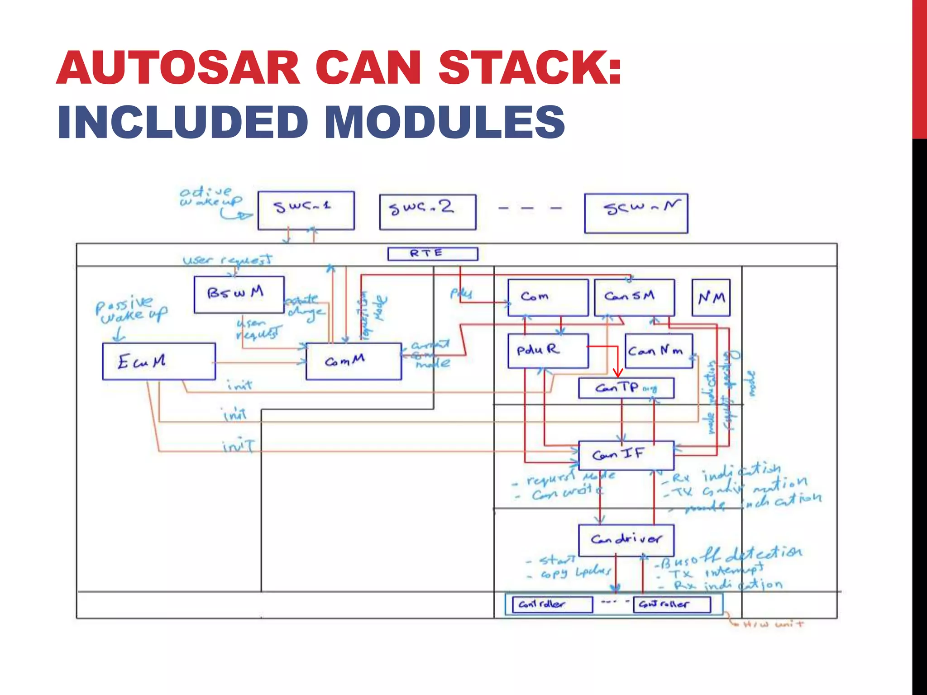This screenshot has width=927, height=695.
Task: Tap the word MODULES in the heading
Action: coord(444,122)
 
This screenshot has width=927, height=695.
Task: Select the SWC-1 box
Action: coord(306,210)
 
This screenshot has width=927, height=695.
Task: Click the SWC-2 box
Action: coord(428,212)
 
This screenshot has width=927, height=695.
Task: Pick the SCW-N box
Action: coord(636,213)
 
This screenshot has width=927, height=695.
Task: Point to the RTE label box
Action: coord(432,253)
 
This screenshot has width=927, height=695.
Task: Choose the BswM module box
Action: coord(239,295)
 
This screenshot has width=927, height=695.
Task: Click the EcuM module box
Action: coord(159,361)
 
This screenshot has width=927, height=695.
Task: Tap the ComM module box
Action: coord(354,361)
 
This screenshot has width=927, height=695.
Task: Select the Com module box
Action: coord(548,297)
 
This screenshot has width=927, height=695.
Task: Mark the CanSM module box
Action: coord(634,297)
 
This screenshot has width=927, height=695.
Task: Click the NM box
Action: coord(711,298)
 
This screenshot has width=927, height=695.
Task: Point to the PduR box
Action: coord(548,351)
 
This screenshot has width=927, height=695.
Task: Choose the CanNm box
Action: coord(659,351)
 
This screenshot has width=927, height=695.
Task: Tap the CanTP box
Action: coord(626,388)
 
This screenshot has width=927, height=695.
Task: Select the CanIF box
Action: coord(626,455)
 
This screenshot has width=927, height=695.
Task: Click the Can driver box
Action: coord(626,540)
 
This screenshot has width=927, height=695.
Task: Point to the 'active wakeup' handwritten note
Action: coord(210,197)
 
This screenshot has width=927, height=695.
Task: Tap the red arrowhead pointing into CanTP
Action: coord(618,373)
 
